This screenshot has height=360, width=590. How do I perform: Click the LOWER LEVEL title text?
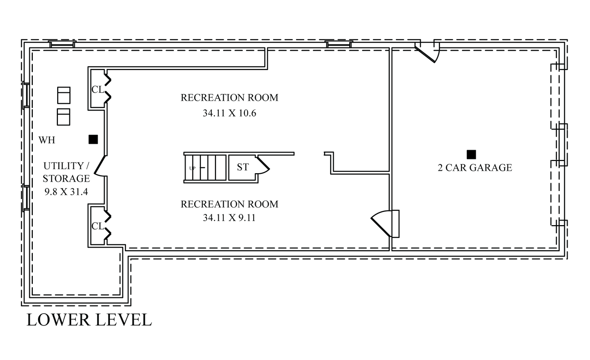89,319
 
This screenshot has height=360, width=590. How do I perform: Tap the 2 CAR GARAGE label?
475,168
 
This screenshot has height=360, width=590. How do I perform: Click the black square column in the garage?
471,154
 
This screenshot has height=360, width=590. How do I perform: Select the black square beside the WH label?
93,139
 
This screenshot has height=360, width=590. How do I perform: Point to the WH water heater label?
47,140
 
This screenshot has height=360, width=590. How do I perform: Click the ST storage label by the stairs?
243,167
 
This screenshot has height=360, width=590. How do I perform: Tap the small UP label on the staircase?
192,168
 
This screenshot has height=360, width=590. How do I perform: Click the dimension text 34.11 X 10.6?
229,113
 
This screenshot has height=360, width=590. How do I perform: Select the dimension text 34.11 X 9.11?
229,218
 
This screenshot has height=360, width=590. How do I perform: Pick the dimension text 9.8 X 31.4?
66,192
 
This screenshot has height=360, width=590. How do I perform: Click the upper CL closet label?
98,90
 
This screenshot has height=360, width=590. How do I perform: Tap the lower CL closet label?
98,226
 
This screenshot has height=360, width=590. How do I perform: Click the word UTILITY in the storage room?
63,166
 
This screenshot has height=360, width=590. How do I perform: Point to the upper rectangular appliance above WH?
64,95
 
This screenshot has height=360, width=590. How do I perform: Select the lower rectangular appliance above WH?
63,117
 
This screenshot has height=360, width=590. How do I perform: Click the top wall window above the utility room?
62,45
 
